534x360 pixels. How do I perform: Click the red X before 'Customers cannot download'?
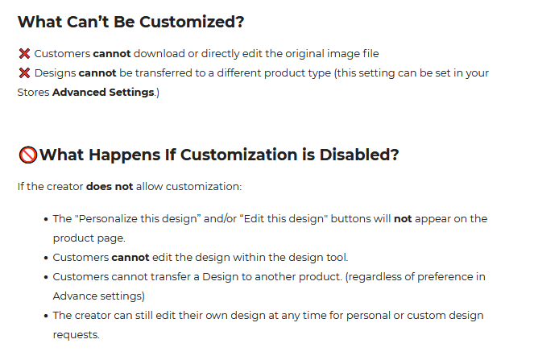point(24,53)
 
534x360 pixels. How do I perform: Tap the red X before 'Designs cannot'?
point(24,72)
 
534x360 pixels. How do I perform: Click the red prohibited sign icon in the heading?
point(28,155)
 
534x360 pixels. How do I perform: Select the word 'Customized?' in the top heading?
point(192,22)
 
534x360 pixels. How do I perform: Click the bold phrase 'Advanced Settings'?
point(103,93)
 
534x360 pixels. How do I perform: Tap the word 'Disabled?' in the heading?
point(359,155)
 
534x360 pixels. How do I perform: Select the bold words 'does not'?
point(110,187)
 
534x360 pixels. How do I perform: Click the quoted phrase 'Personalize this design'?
point(139,218)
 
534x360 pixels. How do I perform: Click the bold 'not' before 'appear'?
point(403,218)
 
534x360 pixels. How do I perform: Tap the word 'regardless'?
point(373,277)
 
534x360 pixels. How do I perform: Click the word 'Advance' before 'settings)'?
point(70,296)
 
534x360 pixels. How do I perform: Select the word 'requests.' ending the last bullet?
point(77,335)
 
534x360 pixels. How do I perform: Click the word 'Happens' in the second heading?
point(124,155)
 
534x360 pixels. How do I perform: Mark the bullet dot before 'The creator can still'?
point(46,316)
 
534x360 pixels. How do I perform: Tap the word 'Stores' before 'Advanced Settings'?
point(33,93)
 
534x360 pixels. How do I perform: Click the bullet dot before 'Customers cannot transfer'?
point(46,277)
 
